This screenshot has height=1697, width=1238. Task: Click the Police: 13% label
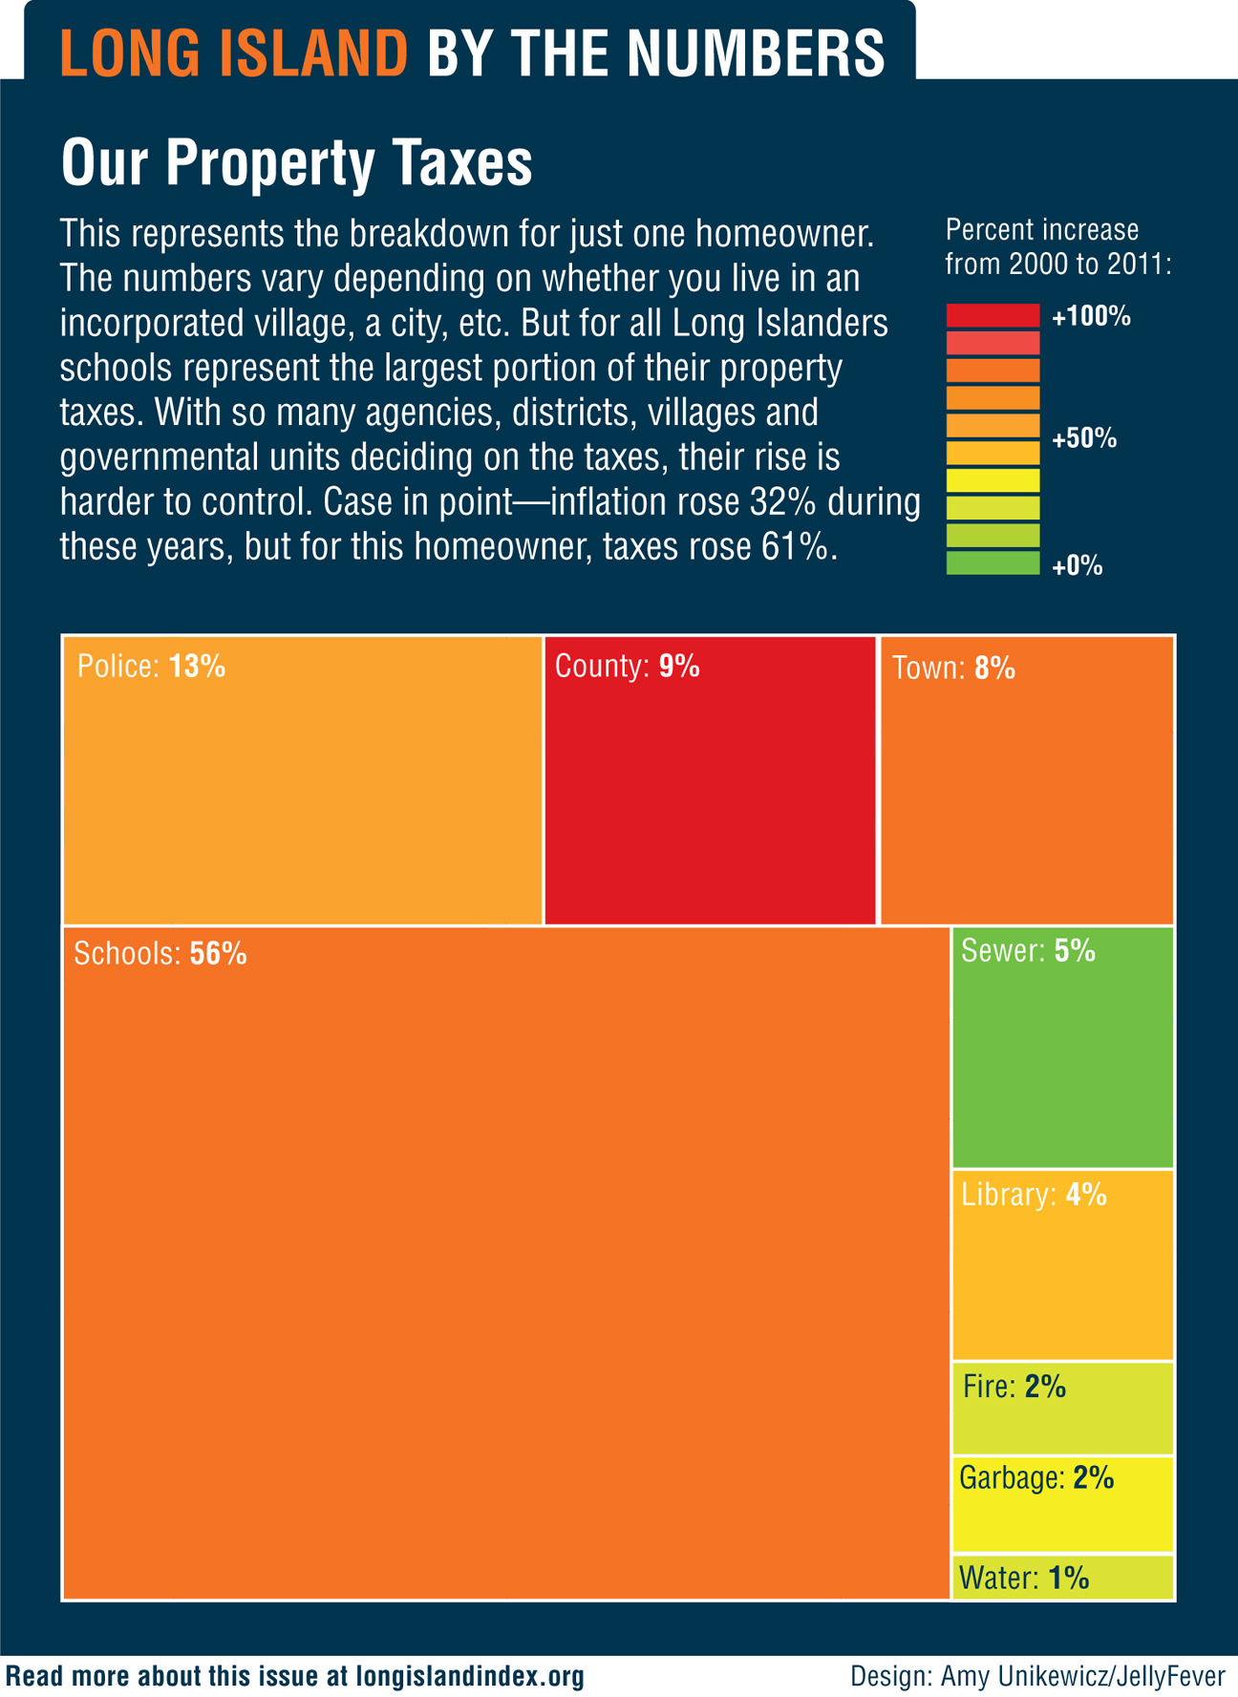point(151,667)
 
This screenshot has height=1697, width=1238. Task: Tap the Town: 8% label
point(952,668)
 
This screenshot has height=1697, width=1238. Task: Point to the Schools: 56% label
point(160,954)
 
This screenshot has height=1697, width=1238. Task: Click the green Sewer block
point(1062,1060)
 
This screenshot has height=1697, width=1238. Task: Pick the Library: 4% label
point(1034,1195)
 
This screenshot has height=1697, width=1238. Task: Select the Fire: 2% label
point(1014,1387)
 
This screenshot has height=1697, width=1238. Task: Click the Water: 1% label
point(1023,1578)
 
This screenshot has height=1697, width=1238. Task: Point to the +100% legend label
point(1091,317)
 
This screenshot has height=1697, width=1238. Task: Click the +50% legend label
point(1084,439)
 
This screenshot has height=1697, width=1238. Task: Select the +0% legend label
point(1078,566)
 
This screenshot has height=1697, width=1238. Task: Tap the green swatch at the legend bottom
point(993,562)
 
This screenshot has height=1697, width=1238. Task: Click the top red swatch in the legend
point(993,315)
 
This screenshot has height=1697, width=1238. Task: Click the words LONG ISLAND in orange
point(234,53)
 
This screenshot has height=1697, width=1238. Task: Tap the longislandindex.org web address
point(469,1676)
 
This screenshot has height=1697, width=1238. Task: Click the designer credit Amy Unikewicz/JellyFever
point(1082,1676)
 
